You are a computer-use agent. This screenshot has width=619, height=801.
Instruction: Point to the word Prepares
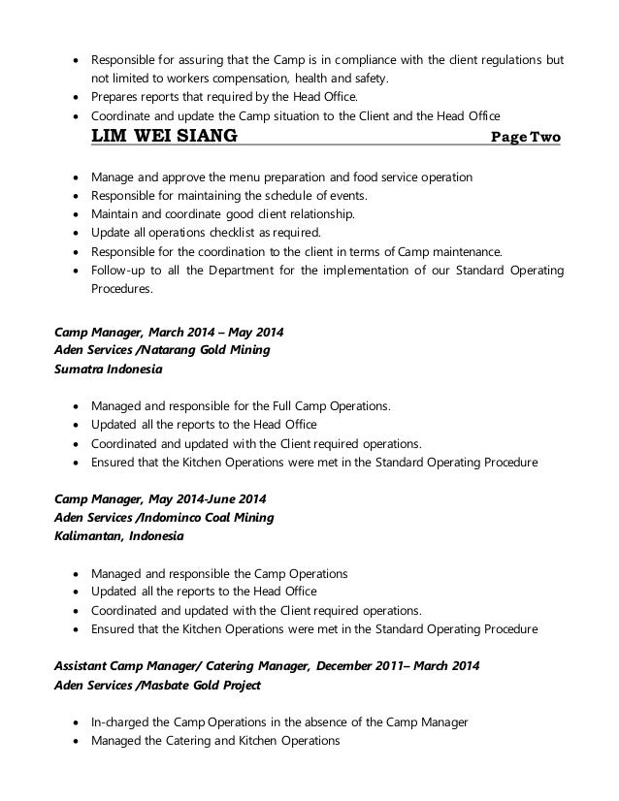click(116, 97)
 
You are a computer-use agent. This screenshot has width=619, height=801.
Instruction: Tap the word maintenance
click(459, 252)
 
